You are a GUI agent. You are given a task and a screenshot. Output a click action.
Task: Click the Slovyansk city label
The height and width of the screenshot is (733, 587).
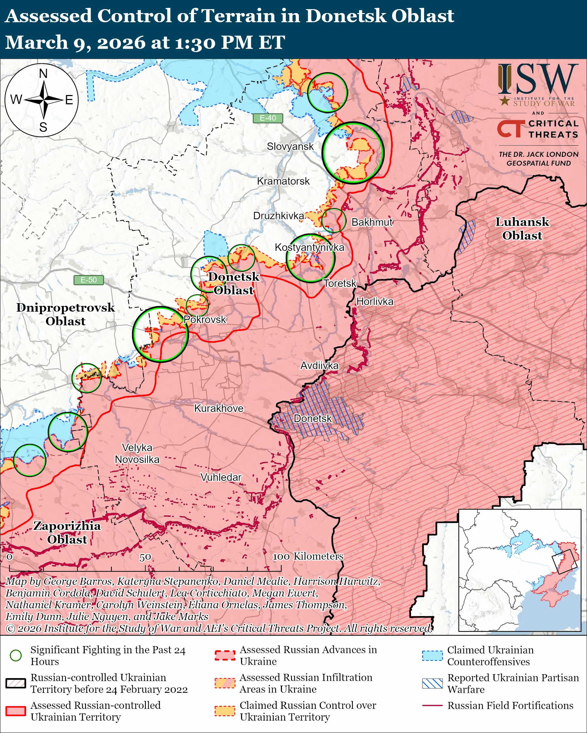[x=290, y=147]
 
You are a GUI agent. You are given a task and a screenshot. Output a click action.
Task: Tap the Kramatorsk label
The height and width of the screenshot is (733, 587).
[x=283, y=181]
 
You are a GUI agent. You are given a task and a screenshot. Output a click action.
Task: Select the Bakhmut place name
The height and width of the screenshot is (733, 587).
[x=372, y=222]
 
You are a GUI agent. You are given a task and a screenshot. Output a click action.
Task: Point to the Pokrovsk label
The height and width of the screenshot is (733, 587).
[x=205, y=319]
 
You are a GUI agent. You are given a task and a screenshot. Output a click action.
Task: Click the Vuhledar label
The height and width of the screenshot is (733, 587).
[x=221, y=477]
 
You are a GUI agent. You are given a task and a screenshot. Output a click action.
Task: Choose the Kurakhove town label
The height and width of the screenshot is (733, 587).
[x=219, y=408]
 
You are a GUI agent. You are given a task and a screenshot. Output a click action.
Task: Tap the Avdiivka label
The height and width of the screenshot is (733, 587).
[x=319, y=366]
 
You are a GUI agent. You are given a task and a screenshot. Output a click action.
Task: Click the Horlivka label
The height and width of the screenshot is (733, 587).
[x=375, y=301]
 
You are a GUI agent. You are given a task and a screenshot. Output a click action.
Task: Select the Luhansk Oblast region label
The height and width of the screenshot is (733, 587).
[x=522, y=228]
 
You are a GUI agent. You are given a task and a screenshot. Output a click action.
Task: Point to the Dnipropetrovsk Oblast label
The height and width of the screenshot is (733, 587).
[x=66, y=314]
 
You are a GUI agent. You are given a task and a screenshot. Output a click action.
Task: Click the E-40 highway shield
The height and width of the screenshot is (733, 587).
[x=268, y=118]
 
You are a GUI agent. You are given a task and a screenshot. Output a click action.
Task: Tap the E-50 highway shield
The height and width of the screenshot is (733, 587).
[x=89, y=280]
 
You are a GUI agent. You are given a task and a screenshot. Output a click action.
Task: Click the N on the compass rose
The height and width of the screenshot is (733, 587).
[x=43, y=73]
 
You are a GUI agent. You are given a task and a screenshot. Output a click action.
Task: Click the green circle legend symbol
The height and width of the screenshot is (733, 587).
[x=16, y=655]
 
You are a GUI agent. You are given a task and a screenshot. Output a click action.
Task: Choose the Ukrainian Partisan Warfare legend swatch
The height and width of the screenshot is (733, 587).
[x=432, y=683]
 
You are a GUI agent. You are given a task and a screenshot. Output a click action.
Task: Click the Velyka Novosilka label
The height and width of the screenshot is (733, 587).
[x=137, y=453]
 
